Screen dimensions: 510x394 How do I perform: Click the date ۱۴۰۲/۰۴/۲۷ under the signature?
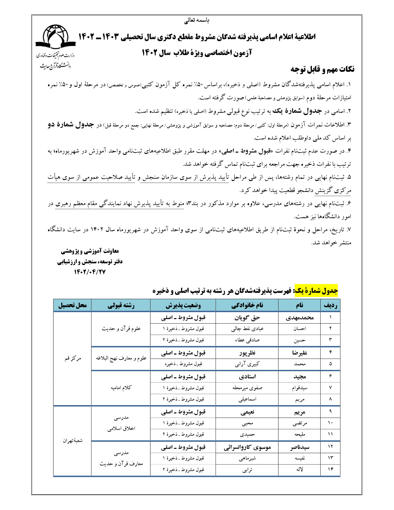[x=90, y=272]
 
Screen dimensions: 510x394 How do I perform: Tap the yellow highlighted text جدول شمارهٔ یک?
[x=316, y=291]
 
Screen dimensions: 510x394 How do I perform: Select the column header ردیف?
[x=330, y=305]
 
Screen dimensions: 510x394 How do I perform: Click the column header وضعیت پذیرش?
[x=183, y=305]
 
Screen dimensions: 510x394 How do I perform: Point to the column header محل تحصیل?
[x=72, y=305]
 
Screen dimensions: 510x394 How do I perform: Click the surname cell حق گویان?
[x=247, y=318]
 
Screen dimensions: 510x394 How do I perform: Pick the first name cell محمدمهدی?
[x=299, y=318]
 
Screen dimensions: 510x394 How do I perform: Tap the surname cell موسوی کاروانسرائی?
[x=247, y=447]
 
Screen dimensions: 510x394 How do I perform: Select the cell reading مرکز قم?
[x=72, y=358]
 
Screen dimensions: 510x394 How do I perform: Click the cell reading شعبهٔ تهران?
[x=72, y=440]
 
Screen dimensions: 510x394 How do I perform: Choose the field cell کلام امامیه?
[x=121, y=388]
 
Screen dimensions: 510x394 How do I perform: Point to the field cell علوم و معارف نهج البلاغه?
[x=121, y=358]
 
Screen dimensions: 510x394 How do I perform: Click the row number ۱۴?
[x=330, y=469]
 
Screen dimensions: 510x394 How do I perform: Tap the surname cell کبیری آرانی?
[x=247, y=364]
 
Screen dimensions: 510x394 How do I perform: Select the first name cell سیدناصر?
[x=299, y=447]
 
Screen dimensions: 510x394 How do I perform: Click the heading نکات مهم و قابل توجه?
[x=322, y=69]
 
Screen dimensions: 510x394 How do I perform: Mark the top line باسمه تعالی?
[x=197, y=21]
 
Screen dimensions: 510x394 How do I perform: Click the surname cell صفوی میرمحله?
[x=247, y=388]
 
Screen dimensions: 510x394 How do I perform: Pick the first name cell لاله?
[x=299, y=469]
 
